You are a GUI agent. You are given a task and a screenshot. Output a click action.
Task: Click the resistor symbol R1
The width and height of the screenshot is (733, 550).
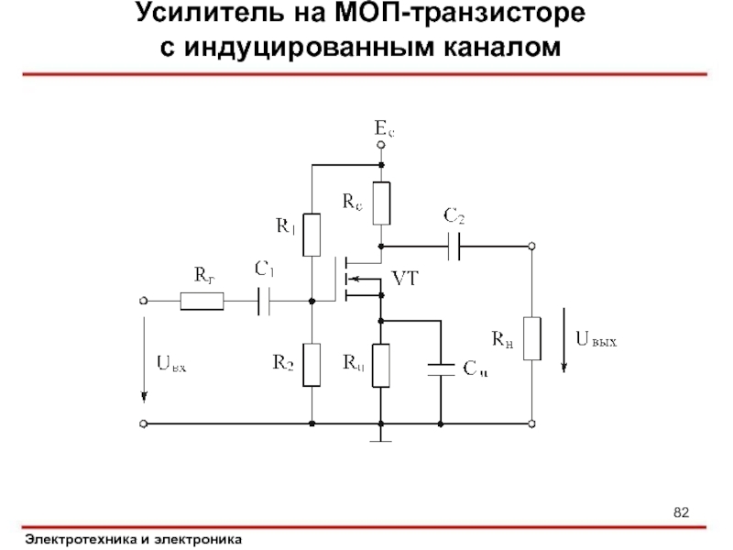[312, 235]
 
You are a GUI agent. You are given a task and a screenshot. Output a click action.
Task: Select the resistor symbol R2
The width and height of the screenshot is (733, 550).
[312, 365]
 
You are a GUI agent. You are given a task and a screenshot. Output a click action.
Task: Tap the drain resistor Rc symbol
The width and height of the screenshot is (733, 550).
[382, 203]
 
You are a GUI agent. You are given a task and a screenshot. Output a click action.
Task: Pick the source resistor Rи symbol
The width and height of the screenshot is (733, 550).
[382, 365]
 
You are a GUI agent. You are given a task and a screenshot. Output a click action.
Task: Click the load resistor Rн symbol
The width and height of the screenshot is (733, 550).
[531, 339]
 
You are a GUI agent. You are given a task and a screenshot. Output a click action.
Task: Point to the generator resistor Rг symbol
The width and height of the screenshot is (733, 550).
[201, 300]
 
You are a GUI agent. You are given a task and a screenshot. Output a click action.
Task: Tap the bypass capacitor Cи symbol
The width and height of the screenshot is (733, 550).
[441, 368]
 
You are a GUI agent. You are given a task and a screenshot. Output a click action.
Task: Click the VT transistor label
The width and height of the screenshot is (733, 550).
[405, 279]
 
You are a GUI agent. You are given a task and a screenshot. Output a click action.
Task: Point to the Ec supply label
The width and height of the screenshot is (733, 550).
[385, 131]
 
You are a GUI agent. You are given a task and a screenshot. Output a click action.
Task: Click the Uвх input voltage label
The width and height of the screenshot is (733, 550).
[172, 365]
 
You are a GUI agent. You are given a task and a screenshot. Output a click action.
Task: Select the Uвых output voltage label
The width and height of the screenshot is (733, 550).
[596, 340]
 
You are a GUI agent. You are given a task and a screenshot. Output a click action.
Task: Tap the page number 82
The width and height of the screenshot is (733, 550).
[681, 511]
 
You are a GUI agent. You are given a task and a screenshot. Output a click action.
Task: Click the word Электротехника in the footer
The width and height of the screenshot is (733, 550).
[82, 539]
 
